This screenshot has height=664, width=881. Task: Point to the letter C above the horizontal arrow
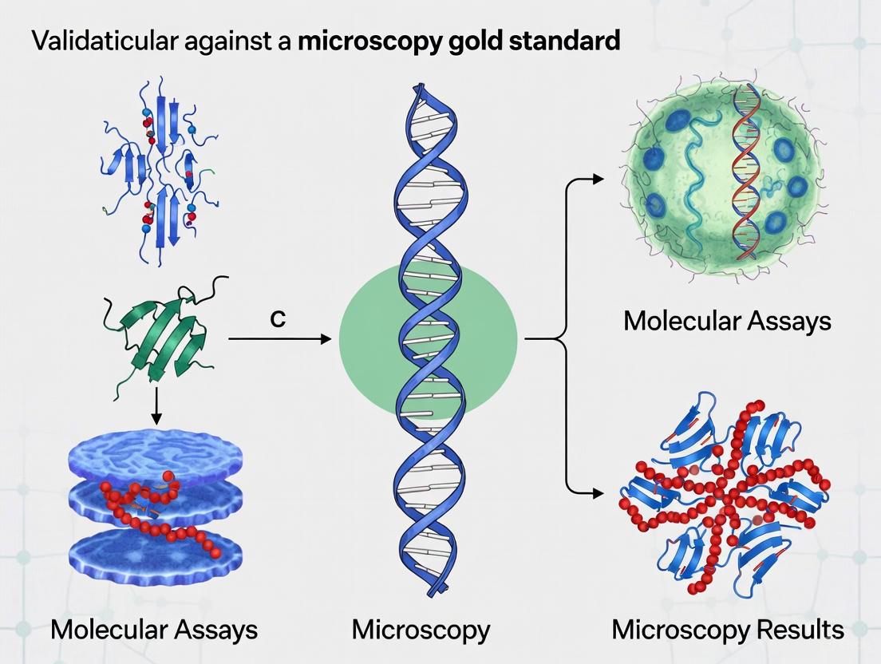[278, 319]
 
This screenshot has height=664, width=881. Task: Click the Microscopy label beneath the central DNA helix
[421, 630]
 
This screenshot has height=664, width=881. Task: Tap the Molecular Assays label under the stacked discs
[153, 630]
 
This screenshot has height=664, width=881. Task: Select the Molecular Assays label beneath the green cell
[727, 321]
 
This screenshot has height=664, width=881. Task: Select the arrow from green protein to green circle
[279, 340]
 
